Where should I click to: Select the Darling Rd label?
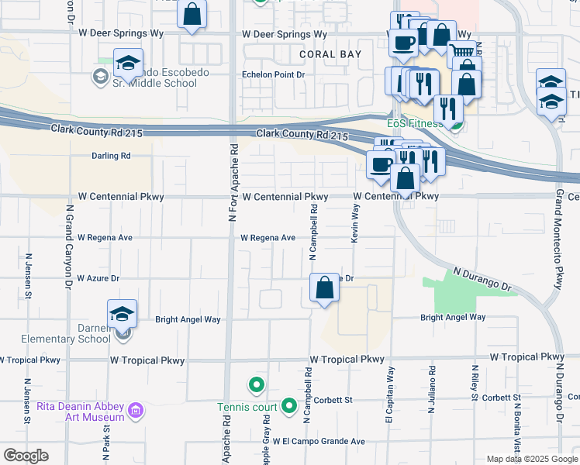tap(111, 156)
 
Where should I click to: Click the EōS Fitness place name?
tap(414, 122)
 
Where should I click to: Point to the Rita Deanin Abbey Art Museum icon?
tap(136, 410)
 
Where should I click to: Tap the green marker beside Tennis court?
tap(288, 405)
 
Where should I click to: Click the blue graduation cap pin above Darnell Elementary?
tap(123, 314)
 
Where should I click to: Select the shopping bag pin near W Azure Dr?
tap(324, 288)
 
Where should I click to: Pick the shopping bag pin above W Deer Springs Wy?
tap(192, 15)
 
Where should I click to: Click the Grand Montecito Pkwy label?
tap(558, 239)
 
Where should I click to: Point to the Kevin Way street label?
tap(355, 226)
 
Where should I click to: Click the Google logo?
tap(26, 456)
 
